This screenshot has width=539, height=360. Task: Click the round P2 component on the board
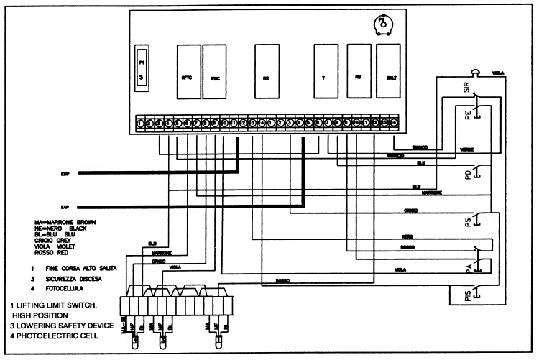pos(384,24)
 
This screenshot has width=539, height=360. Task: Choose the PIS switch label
pos(467,296)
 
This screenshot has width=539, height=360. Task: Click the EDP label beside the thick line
pos(66,173)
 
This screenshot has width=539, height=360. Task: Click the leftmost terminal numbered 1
pos(139,124)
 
